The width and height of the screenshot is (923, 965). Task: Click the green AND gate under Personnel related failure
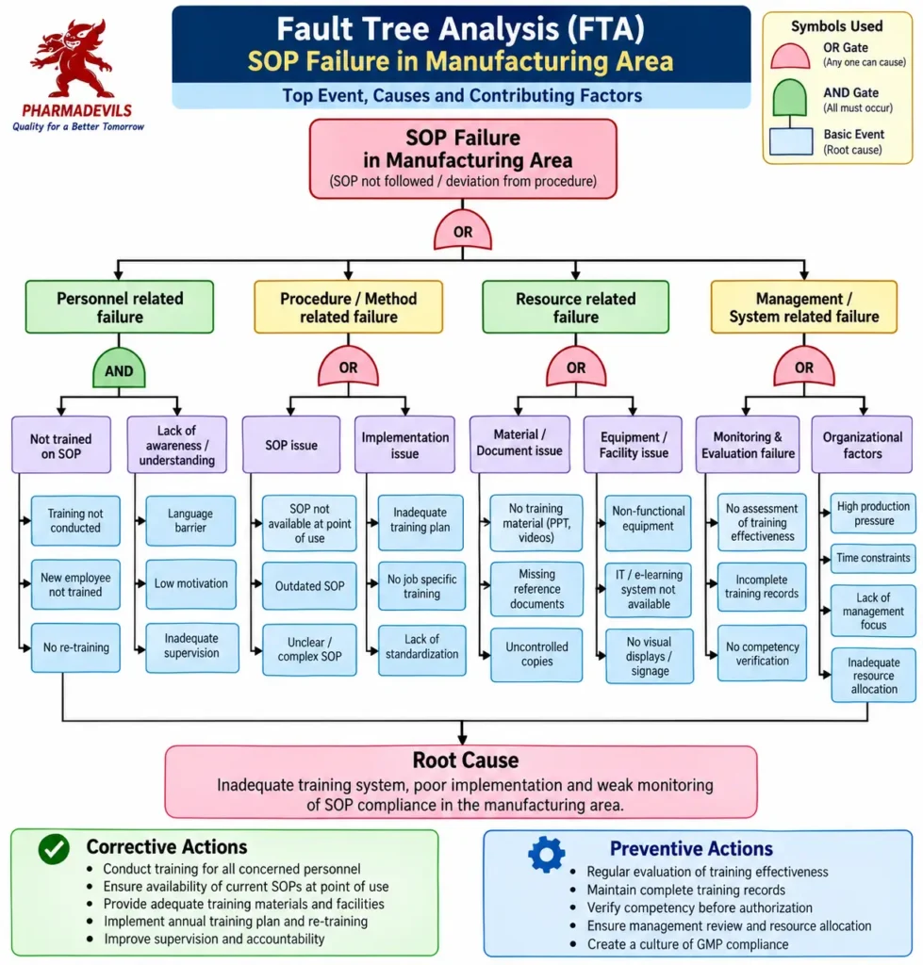tap(119, 368)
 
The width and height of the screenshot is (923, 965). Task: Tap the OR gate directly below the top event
tap(462, 230)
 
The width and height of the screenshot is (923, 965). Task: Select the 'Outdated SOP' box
tap(309, 586)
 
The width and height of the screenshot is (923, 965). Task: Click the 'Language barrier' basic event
tap(190, 520)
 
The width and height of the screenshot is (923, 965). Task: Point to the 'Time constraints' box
tap(872, 558)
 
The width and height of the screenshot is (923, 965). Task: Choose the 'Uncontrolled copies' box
tap(536, 654)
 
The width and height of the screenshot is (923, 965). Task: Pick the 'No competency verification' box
tap(762, 654)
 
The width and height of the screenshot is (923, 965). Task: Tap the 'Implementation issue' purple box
tap(404, 445)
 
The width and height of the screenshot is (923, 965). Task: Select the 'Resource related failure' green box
tap(576, 307)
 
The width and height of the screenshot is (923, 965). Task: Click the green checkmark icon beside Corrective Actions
tap(54, 849)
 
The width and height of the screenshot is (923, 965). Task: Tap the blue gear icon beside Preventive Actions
tap(546, 854)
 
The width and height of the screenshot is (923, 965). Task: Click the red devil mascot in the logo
tap(72, 59)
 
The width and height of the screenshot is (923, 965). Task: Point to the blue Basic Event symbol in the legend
tap(791, 141)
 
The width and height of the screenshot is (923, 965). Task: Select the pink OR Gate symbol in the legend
tap(790, 56)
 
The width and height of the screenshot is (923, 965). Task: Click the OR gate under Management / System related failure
tap(803, 367)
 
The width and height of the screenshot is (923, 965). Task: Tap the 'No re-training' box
tap(75, 647)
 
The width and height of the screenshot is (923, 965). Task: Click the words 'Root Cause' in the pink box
tap(466, 761)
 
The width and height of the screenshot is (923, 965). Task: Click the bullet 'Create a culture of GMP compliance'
tap(687, 944)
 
